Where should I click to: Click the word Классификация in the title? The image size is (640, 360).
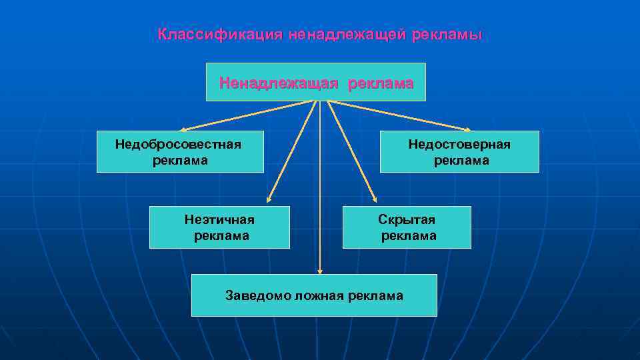click(220, 35)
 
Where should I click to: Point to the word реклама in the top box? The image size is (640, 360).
click(379, 83)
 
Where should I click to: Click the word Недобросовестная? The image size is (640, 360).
click(178, 144)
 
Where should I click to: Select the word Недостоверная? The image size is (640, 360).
click(459, 144)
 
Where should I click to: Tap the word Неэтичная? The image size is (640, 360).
click(219, 219)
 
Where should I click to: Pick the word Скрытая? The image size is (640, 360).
click(407, 219)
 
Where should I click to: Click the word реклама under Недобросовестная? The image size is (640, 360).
click(180, 161)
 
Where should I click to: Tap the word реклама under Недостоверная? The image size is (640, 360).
click(461, 161)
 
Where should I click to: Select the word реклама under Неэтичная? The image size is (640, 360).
click(221, 235)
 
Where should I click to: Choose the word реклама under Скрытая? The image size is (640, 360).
click(409, 235)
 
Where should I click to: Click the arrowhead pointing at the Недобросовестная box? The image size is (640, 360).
click(183, 129)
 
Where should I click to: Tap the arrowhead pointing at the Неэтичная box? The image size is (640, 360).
click(269, 198)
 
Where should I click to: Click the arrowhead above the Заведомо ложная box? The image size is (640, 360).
click(320, 271)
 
